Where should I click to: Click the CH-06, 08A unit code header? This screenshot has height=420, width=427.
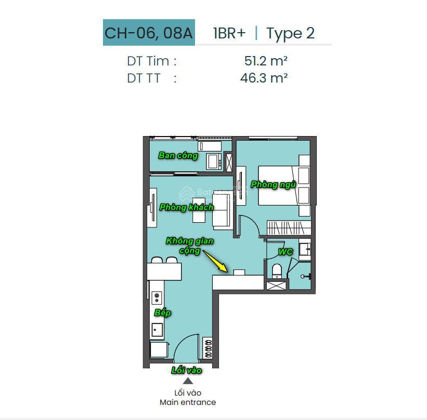point(149,33)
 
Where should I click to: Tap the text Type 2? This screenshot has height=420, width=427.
point(290,33)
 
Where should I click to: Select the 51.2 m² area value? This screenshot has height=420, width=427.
point(266,61)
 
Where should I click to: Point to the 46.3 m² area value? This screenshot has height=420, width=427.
point(264,78)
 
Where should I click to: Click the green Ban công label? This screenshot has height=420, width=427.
point(178,156)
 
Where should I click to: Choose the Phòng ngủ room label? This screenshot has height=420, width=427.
point(273,185)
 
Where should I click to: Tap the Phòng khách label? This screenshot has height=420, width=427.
point(187,208)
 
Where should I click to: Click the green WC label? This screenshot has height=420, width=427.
point(286,252)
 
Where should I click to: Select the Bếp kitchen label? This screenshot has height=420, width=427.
point(163,313)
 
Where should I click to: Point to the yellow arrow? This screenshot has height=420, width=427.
point(215,261)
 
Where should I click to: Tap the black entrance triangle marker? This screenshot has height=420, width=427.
point(188,381)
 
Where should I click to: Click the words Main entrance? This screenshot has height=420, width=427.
point(188,402)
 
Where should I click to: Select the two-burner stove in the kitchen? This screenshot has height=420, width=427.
point(157,297)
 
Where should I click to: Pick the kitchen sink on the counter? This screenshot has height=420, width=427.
point(157,330)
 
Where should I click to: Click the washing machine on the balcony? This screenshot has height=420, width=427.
point(214,161)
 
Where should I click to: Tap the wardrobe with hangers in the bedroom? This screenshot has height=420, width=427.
point(289,228)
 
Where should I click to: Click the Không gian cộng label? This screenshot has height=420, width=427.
point(189,246)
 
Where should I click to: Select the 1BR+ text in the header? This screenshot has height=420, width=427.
point(229,33)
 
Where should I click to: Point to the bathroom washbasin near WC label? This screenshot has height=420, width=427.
point(305,249)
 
